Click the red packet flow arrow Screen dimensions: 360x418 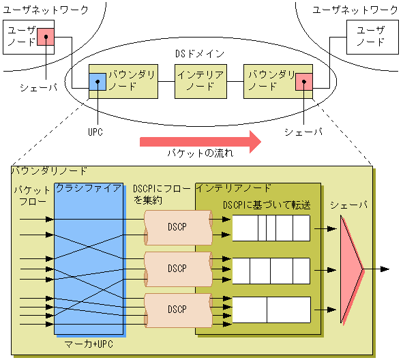(200, 142)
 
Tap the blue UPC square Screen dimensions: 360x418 (98, 82)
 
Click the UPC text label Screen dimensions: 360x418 (95, 132)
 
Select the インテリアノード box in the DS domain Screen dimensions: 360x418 (200, 81)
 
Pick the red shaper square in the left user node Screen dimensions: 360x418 (46, 36)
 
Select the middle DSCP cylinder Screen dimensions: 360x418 (177, 267)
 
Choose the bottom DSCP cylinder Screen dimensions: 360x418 (177, 308)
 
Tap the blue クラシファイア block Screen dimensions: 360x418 (89, 262)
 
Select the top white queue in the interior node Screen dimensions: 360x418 (271, 228)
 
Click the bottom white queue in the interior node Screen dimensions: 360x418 (271, 310)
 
